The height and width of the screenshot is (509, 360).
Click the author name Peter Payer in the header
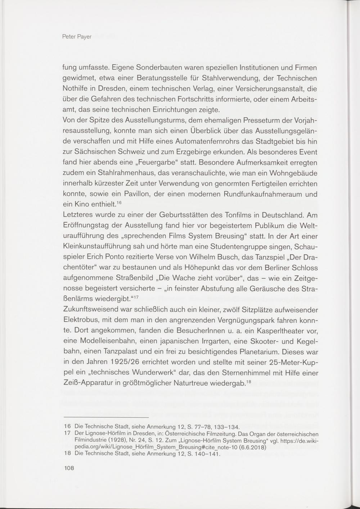77,37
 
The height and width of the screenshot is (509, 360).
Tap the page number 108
68,468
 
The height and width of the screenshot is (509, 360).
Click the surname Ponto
131,258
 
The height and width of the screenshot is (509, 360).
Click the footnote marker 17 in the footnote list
67,434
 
